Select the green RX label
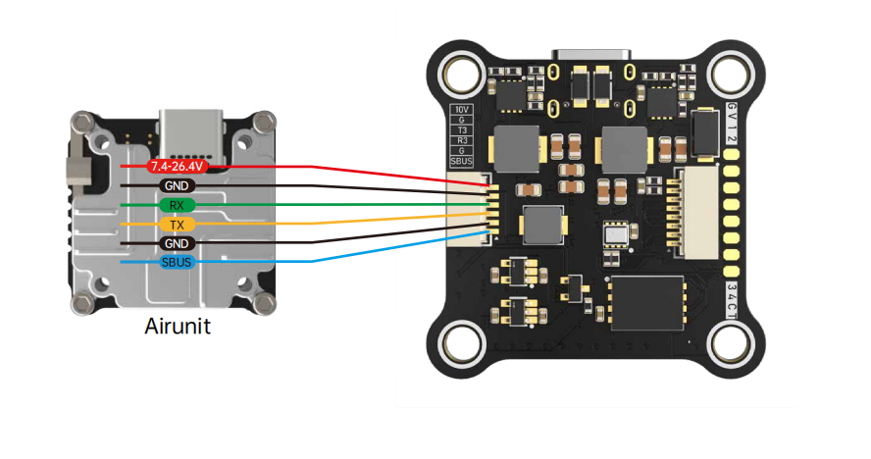click(x=177, y=205)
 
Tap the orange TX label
click(x=177, y=225)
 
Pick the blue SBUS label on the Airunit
click(x=177, y=263)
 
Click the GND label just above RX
click(x=177, y=185)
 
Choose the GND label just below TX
click(x=177, y=243)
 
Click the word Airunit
click(x=178, y=326)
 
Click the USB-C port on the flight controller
click(x=594, y=55)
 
